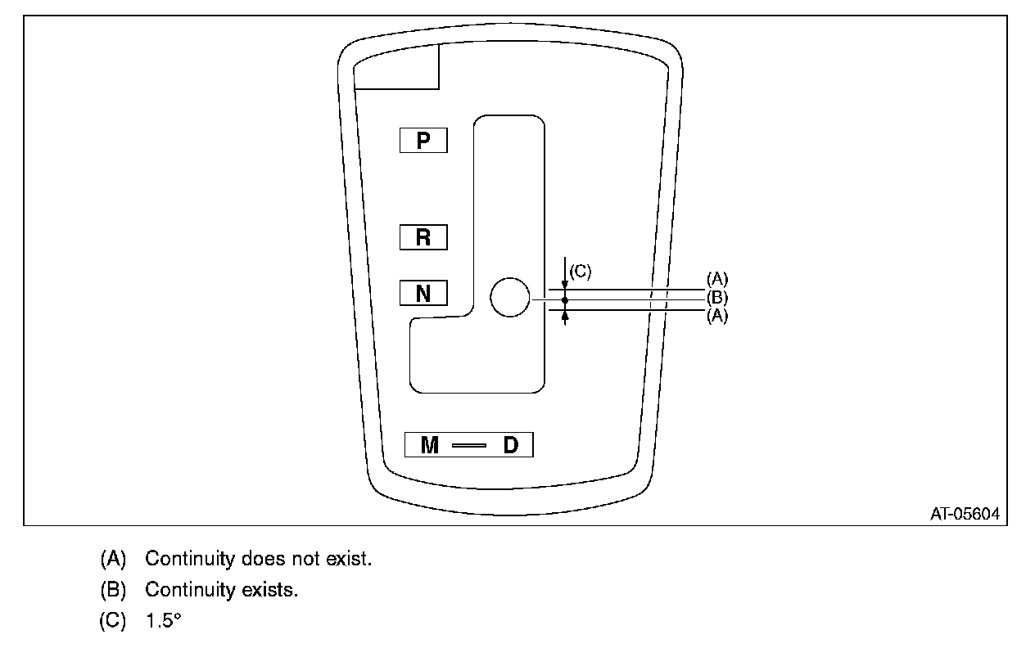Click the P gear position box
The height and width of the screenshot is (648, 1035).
[x=423, y=141]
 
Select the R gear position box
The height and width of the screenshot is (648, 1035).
[x=423, y=237]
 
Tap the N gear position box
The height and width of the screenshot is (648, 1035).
[x=423, y=293]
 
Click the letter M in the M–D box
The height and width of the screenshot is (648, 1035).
[x=430, y=445]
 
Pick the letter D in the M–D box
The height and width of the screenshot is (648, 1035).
[x=510, y=445]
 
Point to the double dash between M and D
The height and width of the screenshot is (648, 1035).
[x=469, y=446]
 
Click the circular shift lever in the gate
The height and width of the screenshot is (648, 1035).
[x=510, y=297]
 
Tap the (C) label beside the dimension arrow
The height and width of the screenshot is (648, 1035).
[x=580, y=272]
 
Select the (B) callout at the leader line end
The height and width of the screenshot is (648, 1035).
[x=716, y=299]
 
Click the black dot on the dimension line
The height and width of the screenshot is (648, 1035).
[x=565, y=300]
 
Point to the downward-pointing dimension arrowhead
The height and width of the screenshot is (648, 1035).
[x=565, y=283]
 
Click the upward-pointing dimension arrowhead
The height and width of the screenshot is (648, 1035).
[x=565, y=316]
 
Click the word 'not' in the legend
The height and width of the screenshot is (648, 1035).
[x=312, y=560]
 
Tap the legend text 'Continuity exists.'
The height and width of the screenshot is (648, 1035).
[x=221, y=590]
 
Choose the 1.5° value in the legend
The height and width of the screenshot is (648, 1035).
[x=162, y=620]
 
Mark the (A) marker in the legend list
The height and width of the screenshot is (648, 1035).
[x=113, y=560]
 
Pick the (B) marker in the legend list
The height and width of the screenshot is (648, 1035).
[x=113, y=590]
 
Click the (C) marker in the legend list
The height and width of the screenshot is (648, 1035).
[x=113, y=620]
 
